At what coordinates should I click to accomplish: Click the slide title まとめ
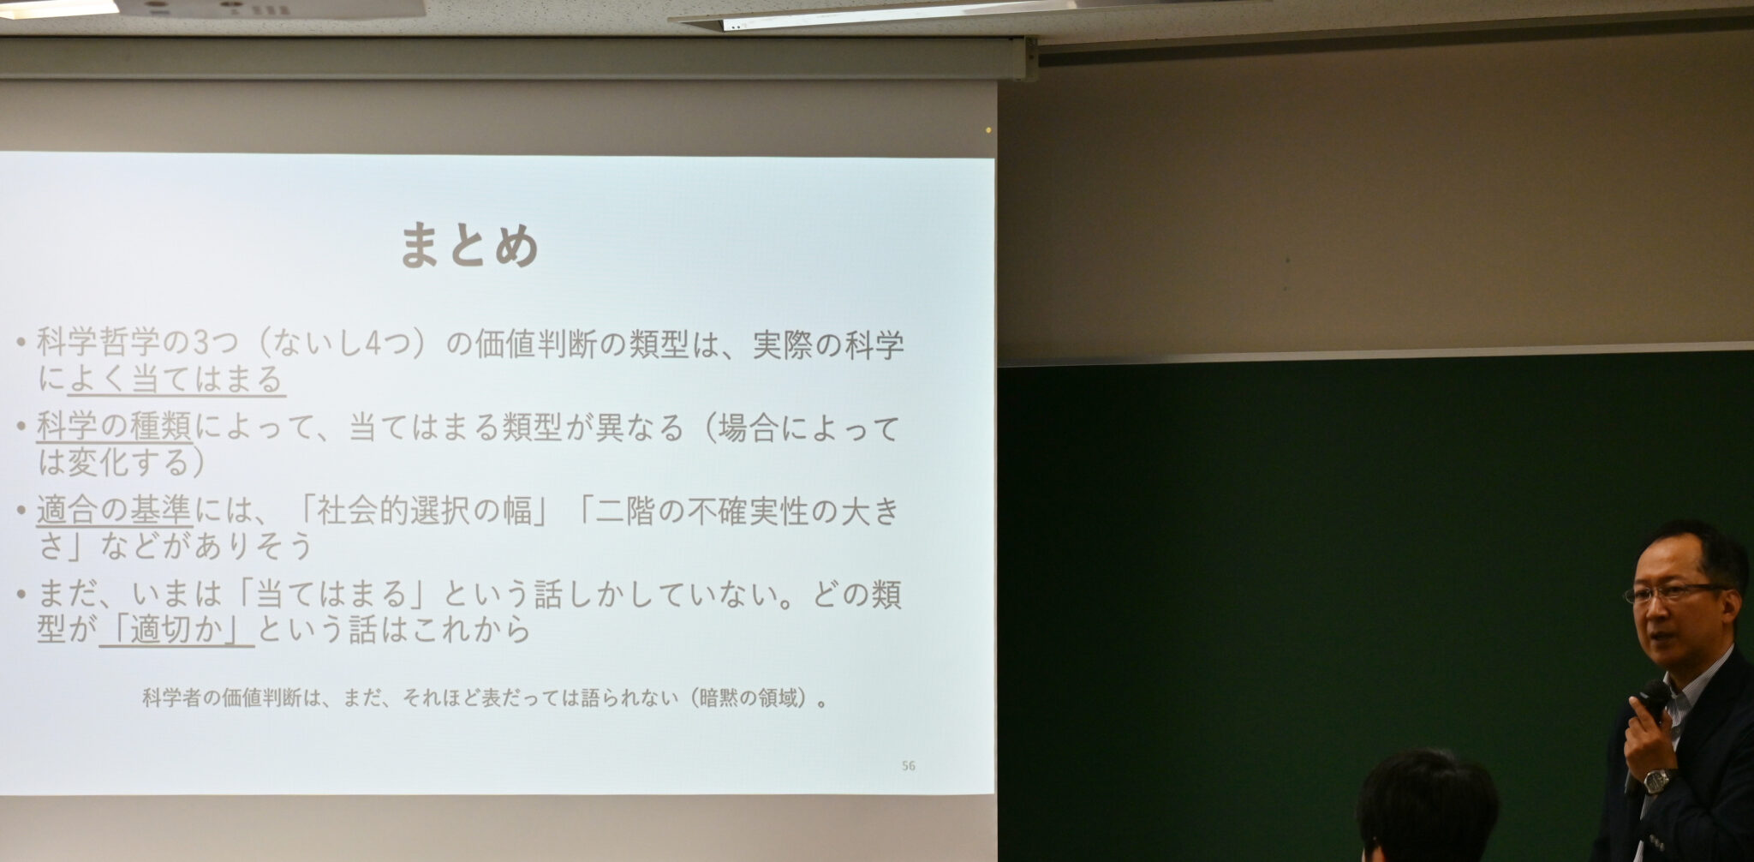469,246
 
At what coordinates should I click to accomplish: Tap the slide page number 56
909,765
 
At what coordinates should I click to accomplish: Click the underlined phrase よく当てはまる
176,379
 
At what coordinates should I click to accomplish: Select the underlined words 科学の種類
114,426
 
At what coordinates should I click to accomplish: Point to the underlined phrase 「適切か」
176,630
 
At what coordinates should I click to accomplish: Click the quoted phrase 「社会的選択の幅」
425,511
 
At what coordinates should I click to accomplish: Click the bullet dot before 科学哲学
21,345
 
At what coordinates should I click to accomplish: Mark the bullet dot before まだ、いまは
21,594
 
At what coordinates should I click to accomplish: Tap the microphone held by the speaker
1654,699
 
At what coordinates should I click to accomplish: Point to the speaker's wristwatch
1658,781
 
